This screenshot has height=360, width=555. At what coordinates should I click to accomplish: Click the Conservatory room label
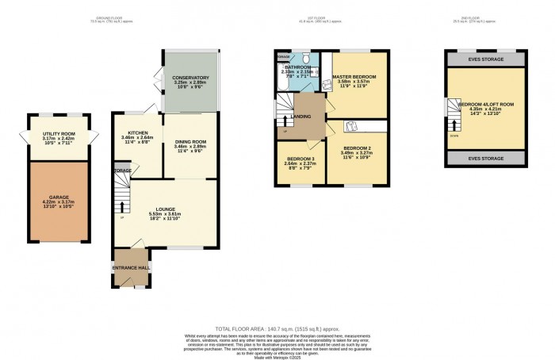(x=189, y=78)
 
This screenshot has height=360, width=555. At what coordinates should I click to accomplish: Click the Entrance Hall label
(x=129, y=268)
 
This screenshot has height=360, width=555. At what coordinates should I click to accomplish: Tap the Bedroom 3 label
(x=300, y=159)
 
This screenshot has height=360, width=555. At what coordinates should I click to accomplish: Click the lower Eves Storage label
(x=486, y=159)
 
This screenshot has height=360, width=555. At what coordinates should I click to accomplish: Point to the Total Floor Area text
(x=277, y=327)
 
